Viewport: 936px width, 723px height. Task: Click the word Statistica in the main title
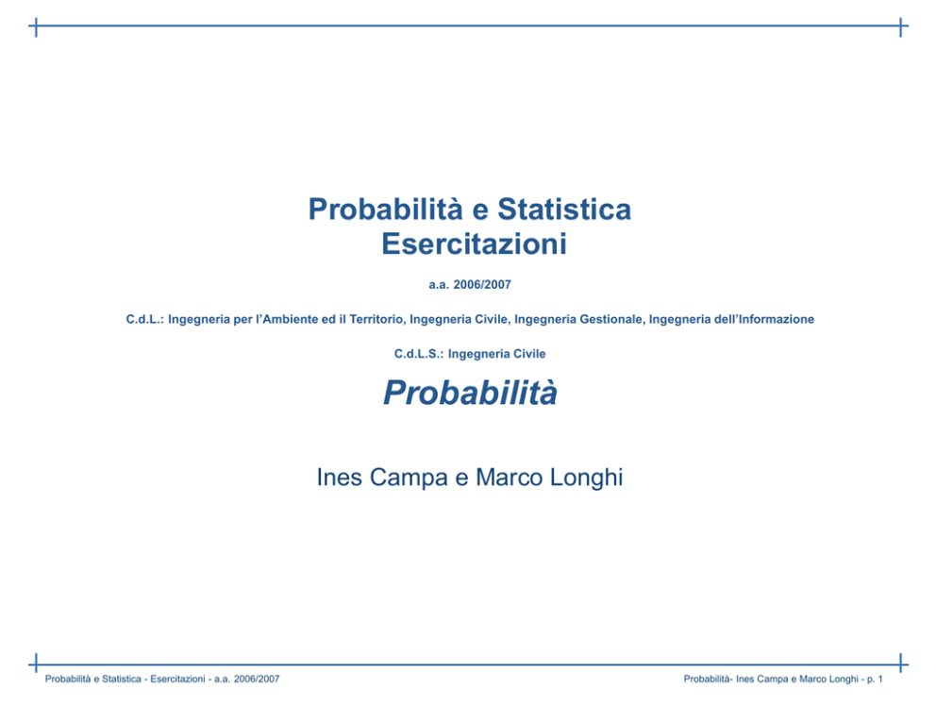(564, 210)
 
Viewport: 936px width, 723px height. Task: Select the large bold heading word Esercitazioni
(474, 244)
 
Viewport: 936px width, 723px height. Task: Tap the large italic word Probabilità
(471, 393)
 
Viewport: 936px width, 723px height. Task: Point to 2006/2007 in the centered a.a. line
(482, 285)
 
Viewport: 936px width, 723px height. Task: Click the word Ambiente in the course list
(290, 319)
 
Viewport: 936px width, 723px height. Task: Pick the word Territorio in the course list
(377, 319)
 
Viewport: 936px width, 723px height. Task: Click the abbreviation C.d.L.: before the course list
(144, 319)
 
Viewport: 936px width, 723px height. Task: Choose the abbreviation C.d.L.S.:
(418, 354)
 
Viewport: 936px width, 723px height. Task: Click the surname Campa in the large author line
(409, 478)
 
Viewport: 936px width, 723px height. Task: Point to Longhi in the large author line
(586, 478)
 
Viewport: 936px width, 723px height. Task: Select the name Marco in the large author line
(510, 478)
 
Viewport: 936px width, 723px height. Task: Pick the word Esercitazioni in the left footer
(177, 679)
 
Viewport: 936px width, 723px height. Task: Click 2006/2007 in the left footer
(257, 679)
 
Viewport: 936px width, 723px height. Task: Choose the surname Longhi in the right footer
(844, 679)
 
